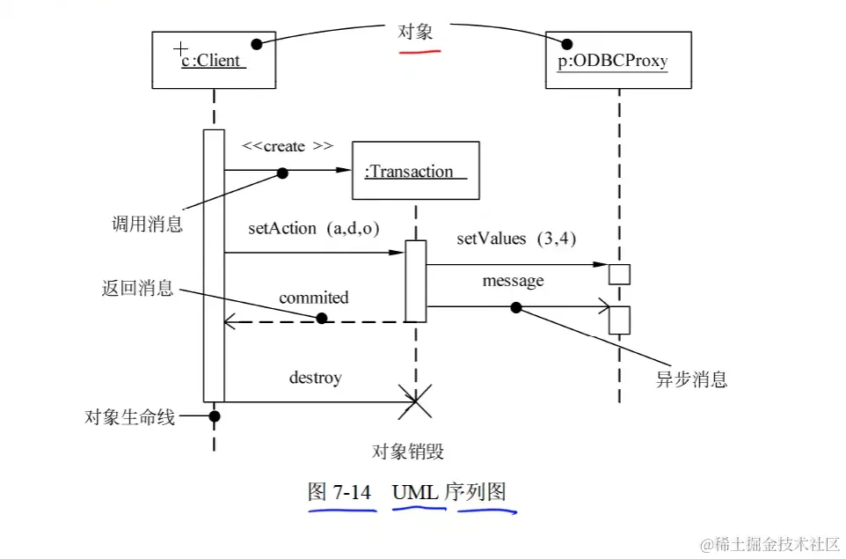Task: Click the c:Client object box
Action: coord(214,59)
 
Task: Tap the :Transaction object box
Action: coord(415,171)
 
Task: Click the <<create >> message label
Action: coord(288,146)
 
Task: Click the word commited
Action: coord(314,298)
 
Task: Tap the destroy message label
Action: coord(315,378)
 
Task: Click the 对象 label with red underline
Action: coord(417,32)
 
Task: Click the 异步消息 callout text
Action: coord(692,380)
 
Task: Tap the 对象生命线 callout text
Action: coord(129,416)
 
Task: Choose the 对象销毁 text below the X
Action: coord(408,452)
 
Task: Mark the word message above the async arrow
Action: coord(513,281)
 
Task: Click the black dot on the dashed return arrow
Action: coord(322,319)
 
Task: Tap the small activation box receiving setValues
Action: coord(620,273)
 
